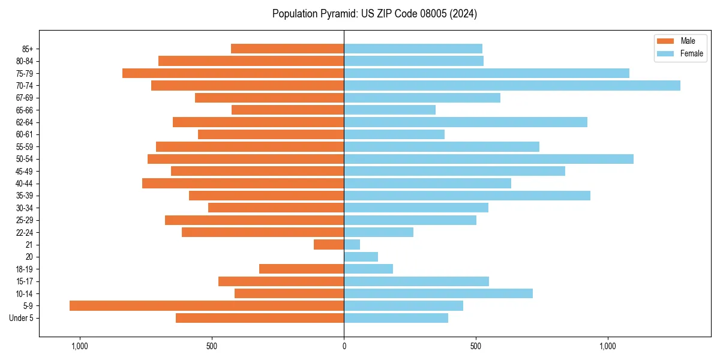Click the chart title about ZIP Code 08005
coord(374,14)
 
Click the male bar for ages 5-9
coord(206,305)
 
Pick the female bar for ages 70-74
coord(512,86)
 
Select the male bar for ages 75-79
coord(233,73)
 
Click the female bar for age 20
coord(361,257)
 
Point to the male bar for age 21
coord(329,244)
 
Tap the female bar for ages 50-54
coord(488,159)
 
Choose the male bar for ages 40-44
coord(243,183)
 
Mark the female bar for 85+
coord(413,49)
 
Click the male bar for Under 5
coord(260,318)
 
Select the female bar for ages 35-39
coord(467,196)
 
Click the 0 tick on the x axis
coord(344,346)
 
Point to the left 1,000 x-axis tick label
coord(80,346)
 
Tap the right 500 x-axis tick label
coord(476,346)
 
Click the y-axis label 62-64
coord(25,122)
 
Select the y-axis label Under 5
coord(22,318)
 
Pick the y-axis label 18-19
coord(25,269)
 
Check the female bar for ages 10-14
coord(438,293)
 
